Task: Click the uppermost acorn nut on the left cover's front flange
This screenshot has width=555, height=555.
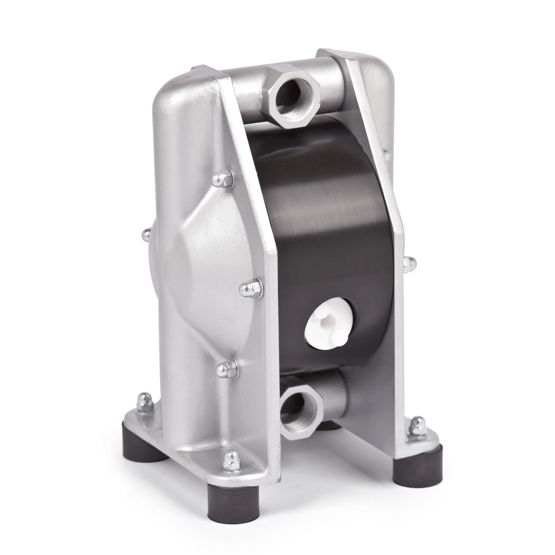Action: [x=223, y=178]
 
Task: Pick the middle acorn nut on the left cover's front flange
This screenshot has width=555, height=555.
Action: [x=252, y=288]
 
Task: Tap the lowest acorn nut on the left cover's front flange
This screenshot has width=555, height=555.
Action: [x=228, y=369]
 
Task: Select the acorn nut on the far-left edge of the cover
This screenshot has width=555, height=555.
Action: [x=146, y=234]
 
